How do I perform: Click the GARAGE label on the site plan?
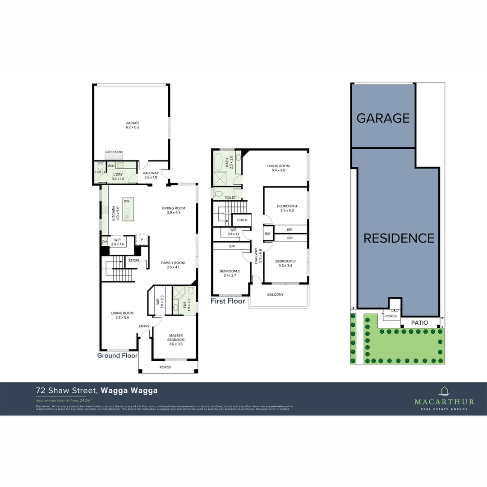(383, 118)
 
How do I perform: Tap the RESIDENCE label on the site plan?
(399, 238)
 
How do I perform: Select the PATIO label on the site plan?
(419, 323)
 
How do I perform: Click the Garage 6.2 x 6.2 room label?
(132, 125)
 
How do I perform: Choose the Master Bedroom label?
(175, 337)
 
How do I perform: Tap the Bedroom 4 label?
(287, 208)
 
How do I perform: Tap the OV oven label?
(104, 242)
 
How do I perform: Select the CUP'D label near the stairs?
(241, 220)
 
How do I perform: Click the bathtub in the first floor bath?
(219, 162)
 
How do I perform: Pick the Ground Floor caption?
(117, 355)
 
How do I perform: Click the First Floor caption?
(228, 301)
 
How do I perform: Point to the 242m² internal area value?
(85, 400)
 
